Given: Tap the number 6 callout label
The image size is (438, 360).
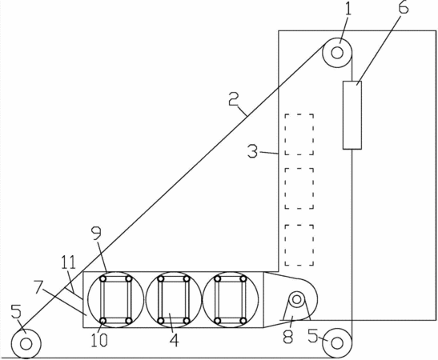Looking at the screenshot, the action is point(403,7).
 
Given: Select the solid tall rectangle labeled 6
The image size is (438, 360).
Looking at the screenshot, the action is point(352,115).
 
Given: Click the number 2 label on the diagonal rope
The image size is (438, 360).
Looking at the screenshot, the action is point(234,99).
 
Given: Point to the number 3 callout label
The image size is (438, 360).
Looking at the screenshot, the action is point(253,151).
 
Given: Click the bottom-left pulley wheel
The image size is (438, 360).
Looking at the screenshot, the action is point(26,343).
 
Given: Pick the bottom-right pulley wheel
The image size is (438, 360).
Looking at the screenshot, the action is point(337,343).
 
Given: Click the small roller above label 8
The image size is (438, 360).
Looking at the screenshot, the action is point(296,299).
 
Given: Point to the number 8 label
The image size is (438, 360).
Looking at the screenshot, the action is point(287,336).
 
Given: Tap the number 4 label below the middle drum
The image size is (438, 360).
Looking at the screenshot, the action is point(174,340).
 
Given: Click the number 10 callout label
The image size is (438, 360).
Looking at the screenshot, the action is point(99,340).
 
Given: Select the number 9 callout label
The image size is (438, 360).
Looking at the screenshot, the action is point(97,234).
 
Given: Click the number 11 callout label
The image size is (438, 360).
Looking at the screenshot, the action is point(68,262).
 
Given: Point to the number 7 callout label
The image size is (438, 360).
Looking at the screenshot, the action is point(40,288).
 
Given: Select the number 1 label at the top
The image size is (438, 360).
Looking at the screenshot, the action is point(348,9).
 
